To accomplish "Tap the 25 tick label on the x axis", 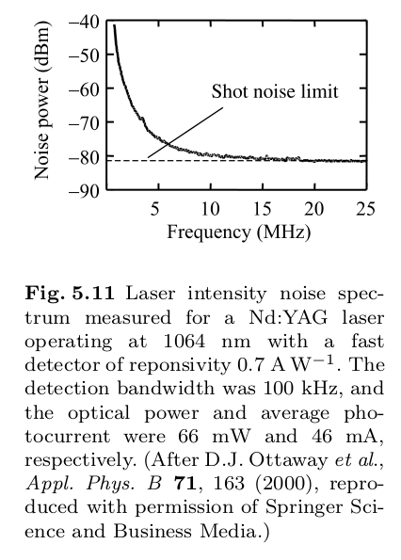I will click(x=366, y=208).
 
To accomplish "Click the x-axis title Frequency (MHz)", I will click(x=238, y=231).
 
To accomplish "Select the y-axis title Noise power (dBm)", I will click(x=41, y=104).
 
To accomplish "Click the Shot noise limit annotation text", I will click(x=274, y=91).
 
